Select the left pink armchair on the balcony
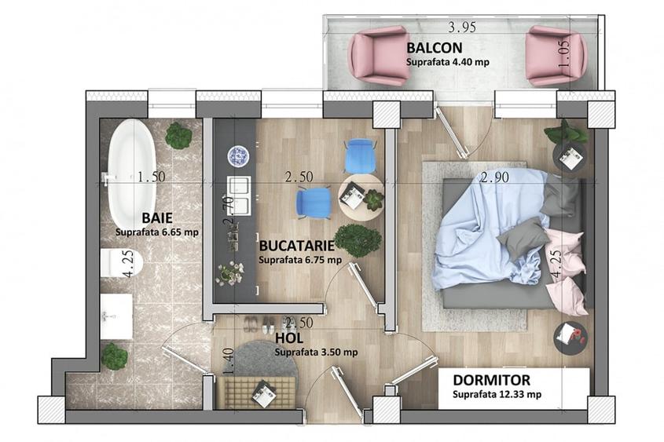coord(380,55)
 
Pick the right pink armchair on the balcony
coord(556,55)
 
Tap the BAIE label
coord(157,217)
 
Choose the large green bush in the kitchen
coord(358,240)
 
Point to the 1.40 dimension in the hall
coord(228,360)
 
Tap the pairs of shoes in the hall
coord(259,324)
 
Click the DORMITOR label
coord(491,380)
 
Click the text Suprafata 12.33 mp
coord(497,394)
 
